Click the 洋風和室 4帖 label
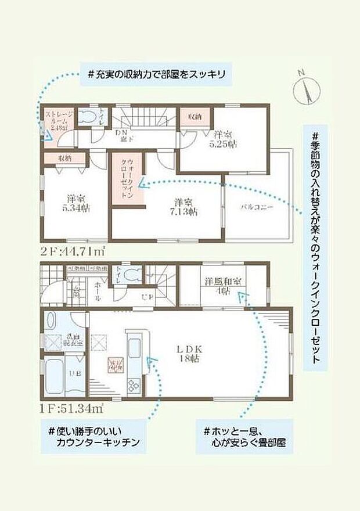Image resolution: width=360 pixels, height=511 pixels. point(223,287)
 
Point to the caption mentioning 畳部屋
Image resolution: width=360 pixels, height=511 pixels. point(244,438)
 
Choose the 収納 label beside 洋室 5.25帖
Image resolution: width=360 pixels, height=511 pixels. point(194,117)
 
